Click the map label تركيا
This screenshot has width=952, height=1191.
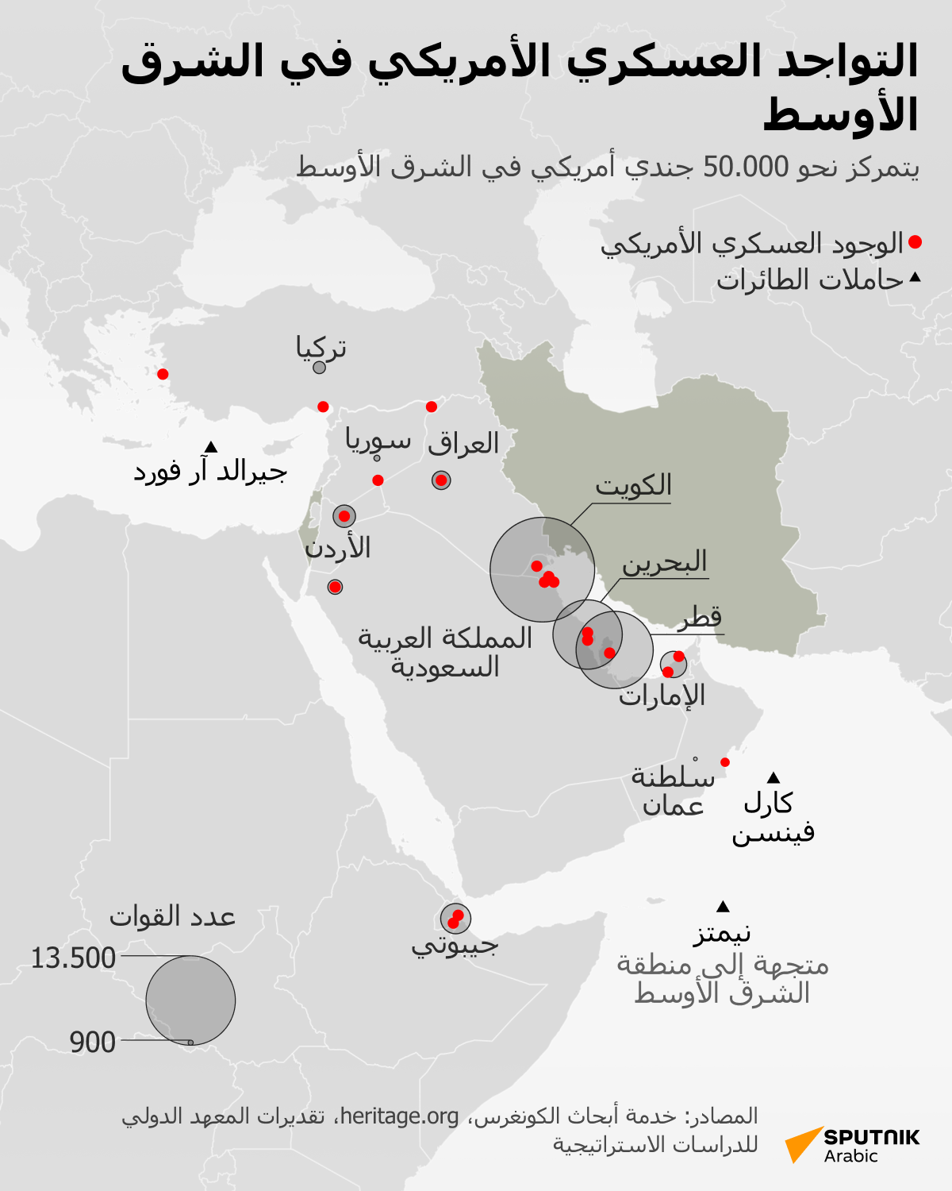(x=321, y=348)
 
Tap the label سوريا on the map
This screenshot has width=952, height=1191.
(x=378, y=440)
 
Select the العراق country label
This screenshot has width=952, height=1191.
(x=463, y=443)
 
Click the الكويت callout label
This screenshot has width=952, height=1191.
(x=633, y=485)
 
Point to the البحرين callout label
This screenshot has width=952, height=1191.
(x=664, y=562)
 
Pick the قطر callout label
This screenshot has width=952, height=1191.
(x=700, y=618)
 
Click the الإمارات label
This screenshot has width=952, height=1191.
(x=662, y=696)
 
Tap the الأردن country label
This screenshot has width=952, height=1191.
(x=338, y=548)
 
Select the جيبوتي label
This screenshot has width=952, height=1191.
(x=455, y=945)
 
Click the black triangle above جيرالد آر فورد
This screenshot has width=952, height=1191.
(x=211, y=447)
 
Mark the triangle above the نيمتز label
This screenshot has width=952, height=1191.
(x=723, y=907)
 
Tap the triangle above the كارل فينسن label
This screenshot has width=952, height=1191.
(x=773, y=777)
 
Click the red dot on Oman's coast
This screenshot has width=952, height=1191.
(x=724, y=762)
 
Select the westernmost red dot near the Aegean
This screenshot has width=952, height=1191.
(x=163, y=374)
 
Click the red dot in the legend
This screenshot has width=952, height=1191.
(x=915, y=242)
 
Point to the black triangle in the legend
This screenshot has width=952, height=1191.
(x=915, y=278)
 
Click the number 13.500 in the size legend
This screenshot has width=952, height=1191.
(x=73, y=958)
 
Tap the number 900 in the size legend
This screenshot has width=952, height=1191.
(x=93, y=1043)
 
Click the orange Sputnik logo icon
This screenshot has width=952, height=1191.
(x=802, y=1144)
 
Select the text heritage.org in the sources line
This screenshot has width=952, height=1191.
(x=399, y=1116)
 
